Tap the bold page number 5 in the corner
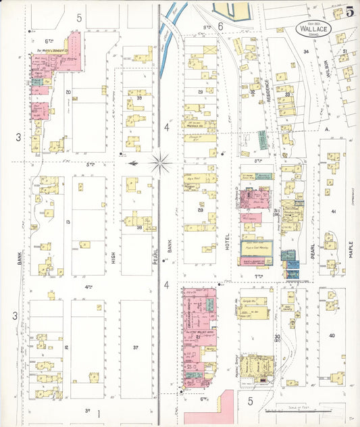click(350, 11)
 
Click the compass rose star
click(160, 162)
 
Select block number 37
click(136, 348)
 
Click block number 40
click(332, 336)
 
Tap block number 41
click(333, 211)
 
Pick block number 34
click(305, 51)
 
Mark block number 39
click(140, 98)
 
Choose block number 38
click(138, 228)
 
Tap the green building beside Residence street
click(261, 140)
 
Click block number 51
click(344, 51)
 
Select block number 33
click(287, 95)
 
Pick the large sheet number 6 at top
click(221, 25)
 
